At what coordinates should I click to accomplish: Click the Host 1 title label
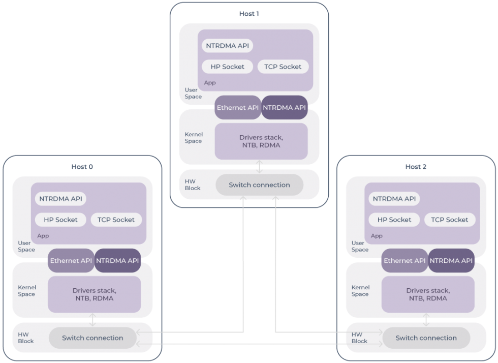249,14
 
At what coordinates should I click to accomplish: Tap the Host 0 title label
82,167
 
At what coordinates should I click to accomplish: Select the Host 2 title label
416,167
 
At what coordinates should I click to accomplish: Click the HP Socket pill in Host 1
227,67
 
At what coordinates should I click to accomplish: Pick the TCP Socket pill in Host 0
116,220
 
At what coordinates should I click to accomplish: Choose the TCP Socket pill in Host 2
449,220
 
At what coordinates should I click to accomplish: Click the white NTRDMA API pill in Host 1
228,45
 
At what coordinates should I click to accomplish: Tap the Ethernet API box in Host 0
71,260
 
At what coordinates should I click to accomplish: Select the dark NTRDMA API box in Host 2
451,260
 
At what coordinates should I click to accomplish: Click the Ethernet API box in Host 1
238,107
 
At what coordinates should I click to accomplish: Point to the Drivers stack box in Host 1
261,141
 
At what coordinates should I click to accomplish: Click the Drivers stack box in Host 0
94,294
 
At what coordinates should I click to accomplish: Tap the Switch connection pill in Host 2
426,338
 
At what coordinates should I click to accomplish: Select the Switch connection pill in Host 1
259,185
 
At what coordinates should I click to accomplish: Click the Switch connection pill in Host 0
92,338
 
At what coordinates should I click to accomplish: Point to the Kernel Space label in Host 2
360,291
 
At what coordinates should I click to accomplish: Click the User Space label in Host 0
26,246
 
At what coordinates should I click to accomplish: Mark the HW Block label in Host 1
193,185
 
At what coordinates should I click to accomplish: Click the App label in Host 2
377,236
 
